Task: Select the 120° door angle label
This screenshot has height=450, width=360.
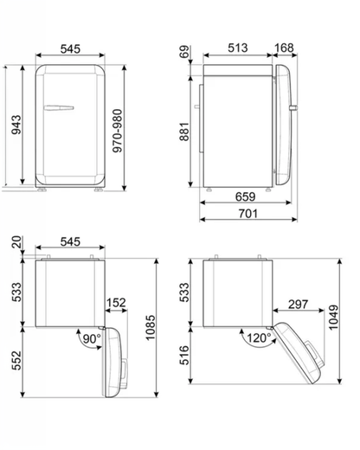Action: (254, 337)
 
